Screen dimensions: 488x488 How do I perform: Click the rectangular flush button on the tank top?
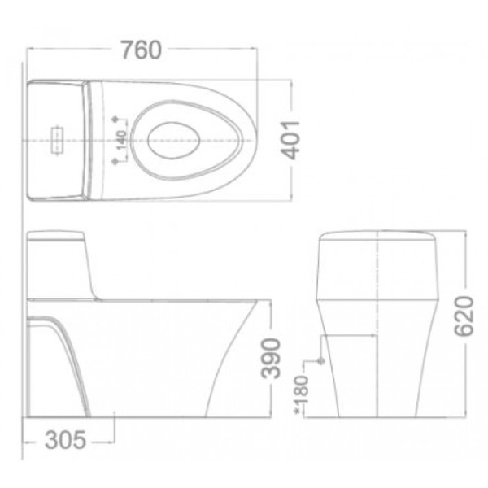[59, 138]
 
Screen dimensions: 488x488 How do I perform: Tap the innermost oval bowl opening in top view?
[176, 139]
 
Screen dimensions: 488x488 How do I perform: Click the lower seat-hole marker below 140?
[120, 161]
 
